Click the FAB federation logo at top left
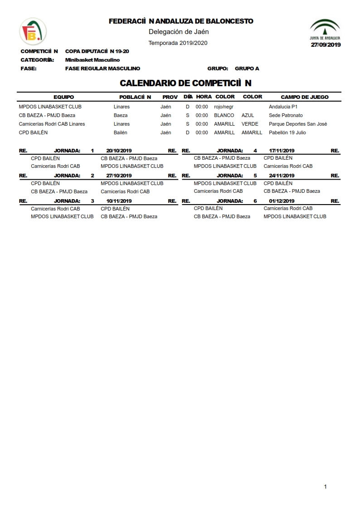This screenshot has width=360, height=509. pyautogui.click(x=33, y=31)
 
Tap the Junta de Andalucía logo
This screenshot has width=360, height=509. pyautogui.click(x=325, y=30)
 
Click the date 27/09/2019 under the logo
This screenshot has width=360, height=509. pyautogui.click(x=326, y=44)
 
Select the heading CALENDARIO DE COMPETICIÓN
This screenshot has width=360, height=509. pyautogui.click(x=185, y=83)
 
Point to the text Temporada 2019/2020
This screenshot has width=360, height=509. pyautogui.click(x=178, y=43)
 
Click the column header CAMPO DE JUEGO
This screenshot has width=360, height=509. pyautogui.click(x=305, y=97)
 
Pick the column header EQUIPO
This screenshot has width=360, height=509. pyautogui.click(x=63, y=97)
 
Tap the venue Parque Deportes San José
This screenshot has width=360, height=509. pyautogui.click(x=298, y=124)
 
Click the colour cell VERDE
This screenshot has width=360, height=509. pyautogui.click(x=250, y=124)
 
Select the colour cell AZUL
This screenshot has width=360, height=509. pyautogui.click(x=248, y=115)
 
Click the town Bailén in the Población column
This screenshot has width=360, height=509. pyautogui.click(x=120, y=132)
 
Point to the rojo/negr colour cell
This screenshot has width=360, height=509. pyautogui.click(x=224, y=107)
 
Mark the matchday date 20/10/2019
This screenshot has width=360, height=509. pyautogui.click(x=119, y=151)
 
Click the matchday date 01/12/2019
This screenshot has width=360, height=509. pyautogui.click(x=282, y=201)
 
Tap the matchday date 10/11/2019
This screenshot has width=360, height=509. pyautogui.click(x=119, y=201)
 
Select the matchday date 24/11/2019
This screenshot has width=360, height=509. pyautogui.click(x=282, y=176)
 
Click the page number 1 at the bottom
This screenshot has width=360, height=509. pyautogui.click(x=325, y=487)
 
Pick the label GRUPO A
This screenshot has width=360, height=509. pyautogui.click(x=247, y=69)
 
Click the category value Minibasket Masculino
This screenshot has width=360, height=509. pyautogui.click(x=92, y=60)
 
